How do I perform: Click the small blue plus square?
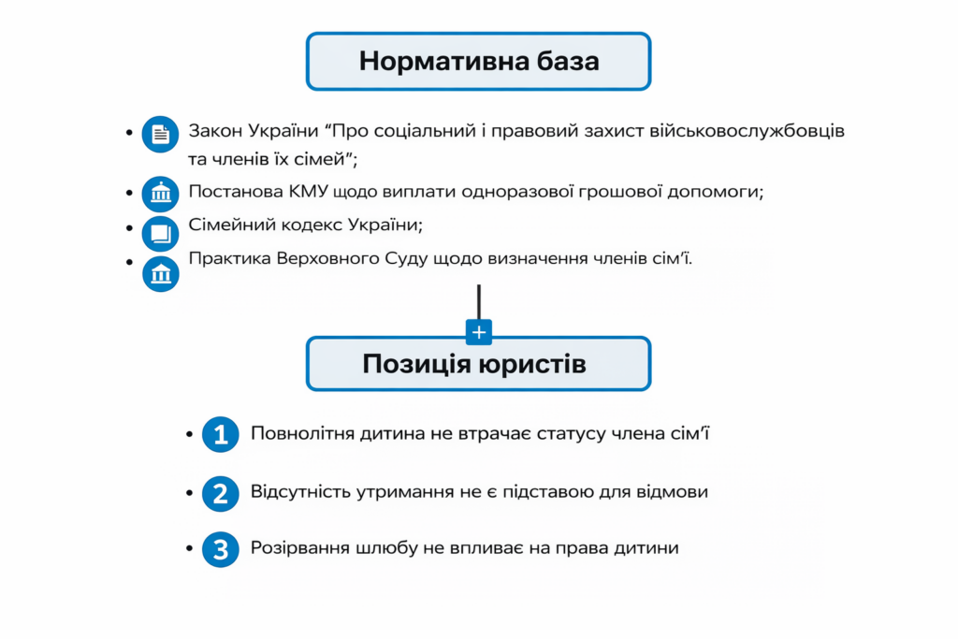click(479, 332)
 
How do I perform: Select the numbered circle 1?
click(221, 435)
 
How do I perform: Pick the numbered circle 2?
click(221, 493)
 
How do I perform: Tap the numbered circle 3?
click(221, 550)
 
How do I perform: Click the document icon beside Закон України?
click(160, 134)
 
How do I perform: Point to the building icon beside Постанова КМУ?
click(160, 194)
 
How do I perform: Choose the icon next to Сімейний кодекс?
click(160, 232)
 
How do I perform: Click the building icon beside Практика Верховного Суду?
click(160, 273)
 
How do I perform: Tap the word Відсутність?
click(303, 492)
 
